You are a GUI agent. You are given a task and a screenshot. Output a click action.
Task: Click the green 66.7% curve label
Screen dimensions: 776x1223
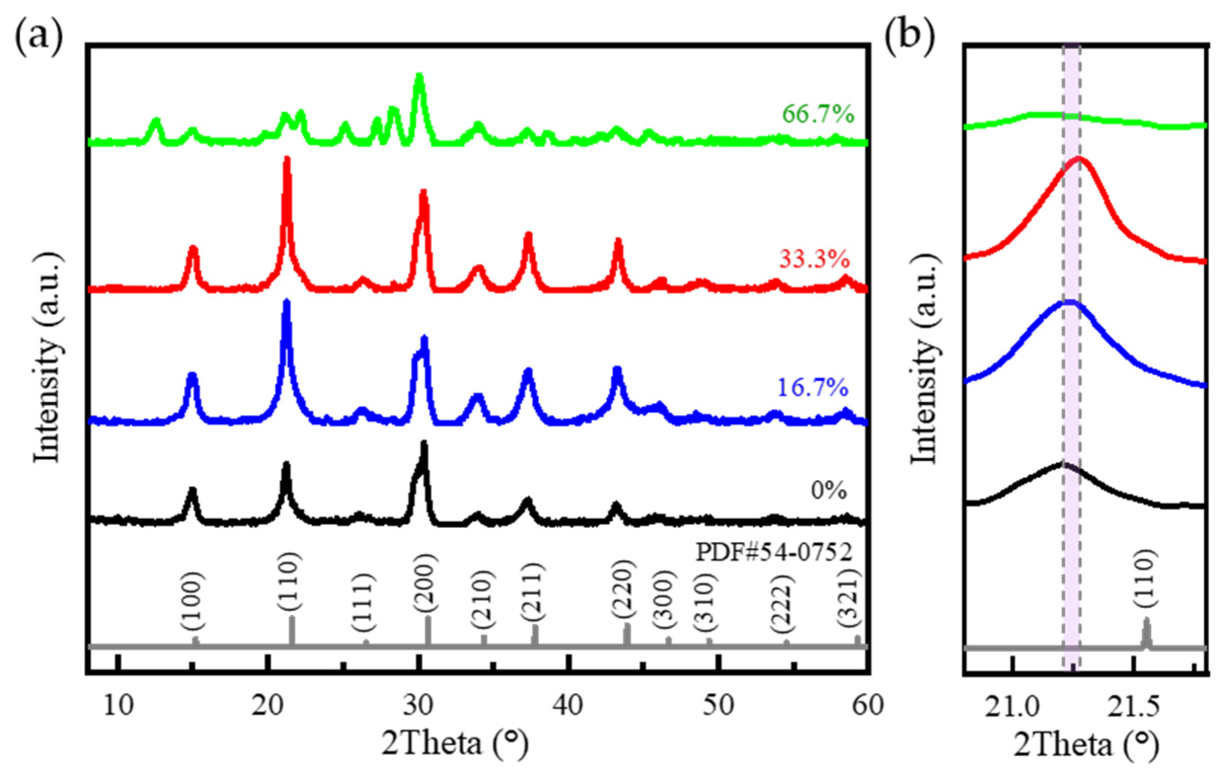point(818,115)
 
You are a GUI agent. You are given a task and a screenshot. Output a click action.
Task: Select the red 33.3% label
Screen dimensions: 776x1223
point(814,259)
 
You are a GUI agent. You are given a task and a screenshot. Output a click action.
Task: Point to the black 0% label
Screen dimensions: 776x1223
point(829,491)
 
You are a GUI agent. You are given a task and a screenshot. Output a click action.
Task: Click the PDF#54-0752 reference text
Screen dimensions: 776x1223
point(773,553)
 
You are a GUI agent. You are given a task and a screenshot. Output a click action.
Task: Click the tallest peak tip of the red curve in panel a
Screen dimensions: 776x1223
point(287,160)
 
